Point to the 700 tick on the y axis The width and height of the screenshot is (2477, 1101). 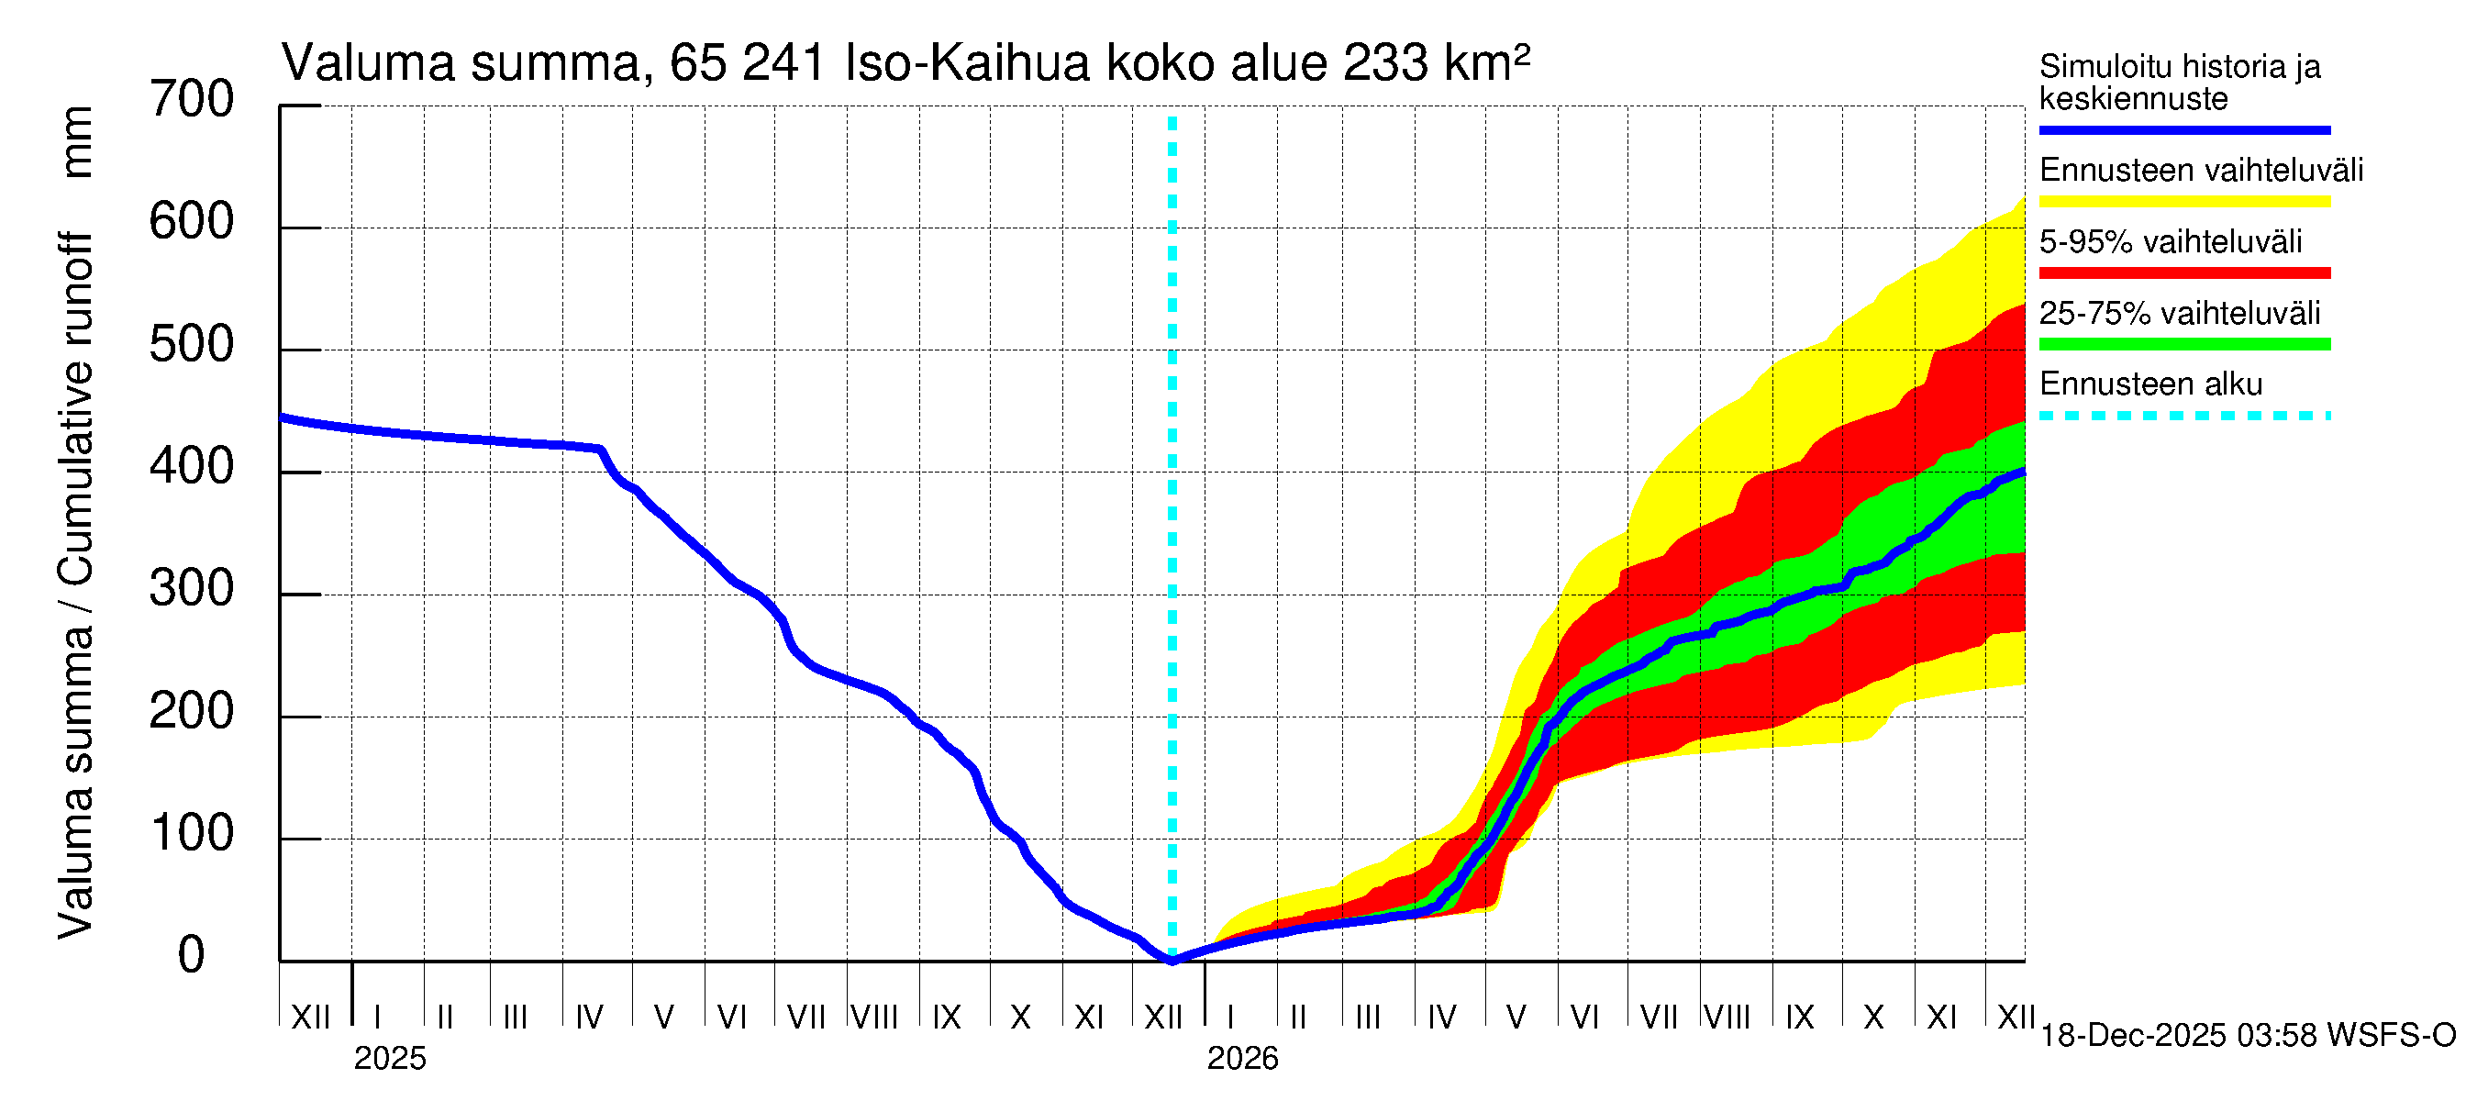tap(192, 100)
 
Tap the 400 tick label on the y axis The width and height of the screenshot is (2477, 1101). tap(192, 467)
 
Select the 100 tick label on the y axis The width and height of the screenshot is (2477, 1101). tap(192, 834)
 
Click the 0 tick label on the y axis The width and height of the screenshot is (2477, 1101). tap(192, 956)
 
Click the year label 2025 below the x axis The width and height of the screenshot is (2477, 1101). tap(389, 1059)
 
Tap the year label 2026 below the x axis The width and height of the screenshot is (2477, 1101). tap(1242, 1059)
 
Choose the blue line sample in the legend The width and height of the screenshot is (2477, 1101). tap(2183, 129)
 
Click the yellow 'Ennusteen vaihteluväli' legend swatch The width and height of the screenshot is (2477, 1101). tap(2183, 202)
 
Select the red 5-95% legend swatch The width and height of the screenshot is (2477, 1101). tap(2183, 273)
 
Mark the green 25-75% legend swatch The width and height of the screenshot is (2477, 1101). tap(2183, 344)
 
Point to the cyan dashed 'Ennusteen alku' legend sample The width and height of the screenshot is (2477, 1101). tap(2183, 417)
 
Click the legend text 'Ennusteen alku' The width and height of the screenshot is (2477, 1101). tap(2150, 384)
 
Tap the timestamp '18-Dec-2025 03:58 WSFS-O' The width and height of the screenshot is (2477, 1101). tap(2247, 1036)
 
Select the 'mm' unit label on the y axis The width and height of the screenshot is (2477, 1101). tap(77, 142)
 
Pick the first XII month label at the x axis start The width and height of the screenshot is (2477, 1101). tap(310, 1018)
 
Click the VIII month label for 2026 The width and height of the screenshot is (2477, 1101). tap(1727, 1018)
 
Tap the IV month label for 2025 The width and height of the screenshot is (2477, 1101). tap(588, 1018)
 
